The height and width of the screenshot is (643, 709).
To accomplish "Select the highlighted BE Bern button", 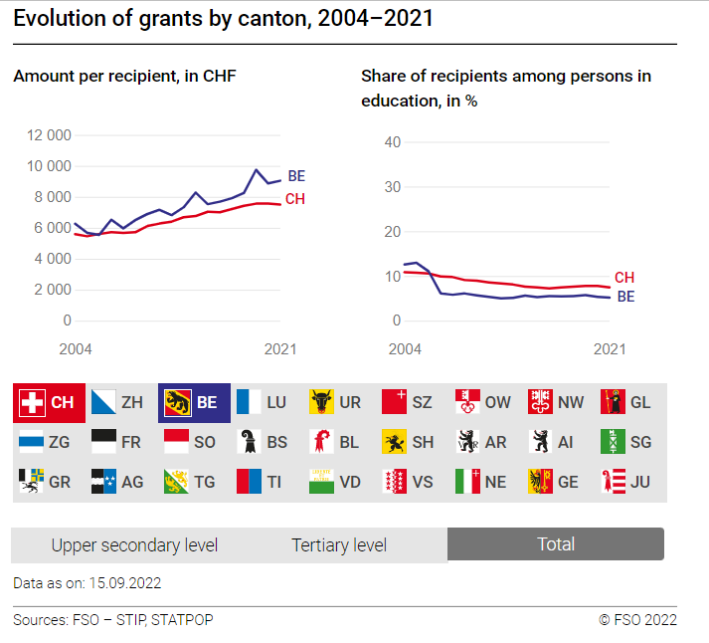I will (194, 403).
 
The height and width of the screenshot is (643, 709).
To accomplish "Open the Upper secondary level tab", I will (134, 544).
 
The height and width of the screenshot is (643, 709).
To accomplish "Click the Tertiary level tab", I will (339, 544).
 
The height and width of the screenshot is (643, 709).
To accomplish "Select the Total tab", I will (556, 544).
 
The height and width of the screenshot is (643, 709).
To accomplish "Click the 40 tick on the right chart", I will (392, 142).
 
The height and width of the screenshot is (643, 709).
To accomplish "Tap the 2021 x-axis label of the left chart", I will (280, 349).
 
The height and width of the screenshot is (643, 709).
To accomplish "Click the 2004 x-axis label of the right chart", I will (404, 349).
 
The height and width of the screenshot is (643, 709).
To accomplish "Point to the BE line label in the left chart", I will (296, 176).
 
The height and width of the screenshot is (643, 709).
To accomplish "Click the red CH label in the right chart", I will (623, 278).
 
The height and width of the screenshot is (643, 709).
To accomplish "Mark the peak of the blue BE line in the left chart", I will (257, 170).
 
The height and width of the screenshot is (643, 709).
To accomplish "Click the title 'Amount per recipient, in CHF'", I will (124, 76).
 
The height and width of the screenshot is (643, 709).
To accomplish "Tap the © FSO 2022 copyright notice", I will (637, 620).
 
